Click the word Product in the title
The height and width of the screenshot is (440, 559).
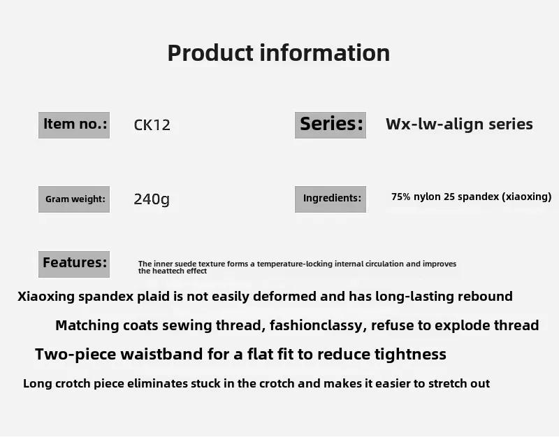210,54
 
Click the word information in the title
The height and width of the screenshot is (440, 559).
325,52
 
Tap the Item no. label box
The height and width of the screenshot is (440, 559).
74,125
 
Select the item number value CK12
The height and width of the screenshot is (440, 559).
152,125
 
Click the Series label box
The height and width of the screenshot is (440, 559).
331,125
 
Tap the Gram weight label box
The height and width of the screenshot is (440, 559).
74,199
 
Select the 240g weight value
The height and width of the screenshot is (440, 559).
152,199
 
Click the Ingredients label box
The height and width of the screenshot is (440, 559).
331,199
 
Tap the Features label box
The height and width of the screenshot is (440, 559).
74,264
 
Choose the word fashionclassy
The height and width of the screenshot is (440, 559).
318,325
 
